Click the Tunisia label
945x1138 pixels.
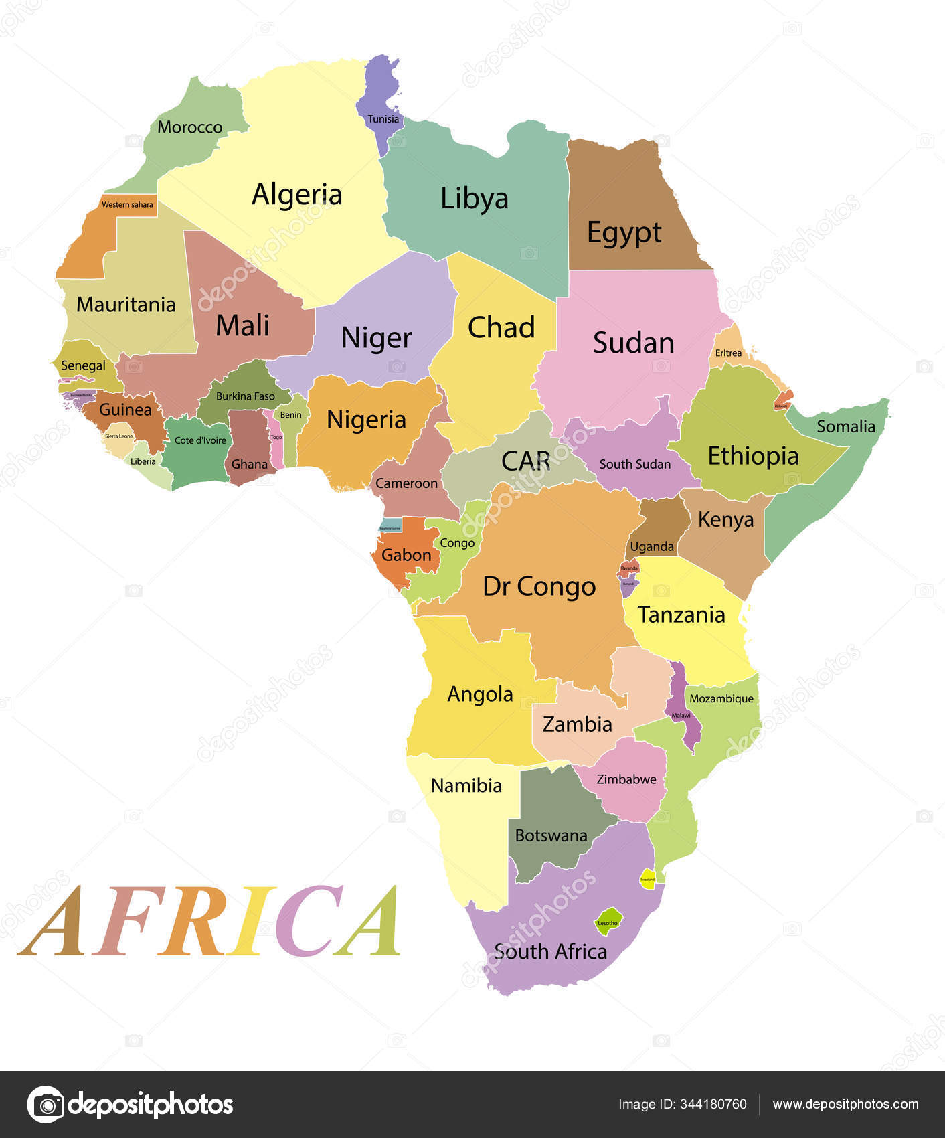383,119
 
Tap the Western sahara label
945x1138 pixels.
127,204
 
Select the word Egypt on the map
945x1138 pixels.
624,233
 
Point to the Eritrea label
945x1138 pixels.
728,353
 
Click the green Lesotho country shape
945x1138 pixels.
608,920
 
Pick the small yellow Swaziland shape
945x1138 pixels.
647,879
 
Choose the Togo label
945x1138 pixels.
276,437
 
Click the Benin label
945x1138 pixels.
290,414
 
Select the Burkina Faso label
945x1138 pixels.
245,396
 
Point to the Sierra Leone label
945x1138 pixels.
119,436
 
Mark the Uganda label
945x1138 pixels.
652,546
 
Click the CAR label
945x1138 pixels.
525,461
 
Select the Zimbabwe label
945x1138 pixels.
626,779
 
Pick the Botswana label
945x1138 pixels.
551,835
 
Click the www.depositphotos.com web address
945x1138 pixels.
845,1105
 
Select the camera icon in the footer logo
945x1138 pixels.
46,1105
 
